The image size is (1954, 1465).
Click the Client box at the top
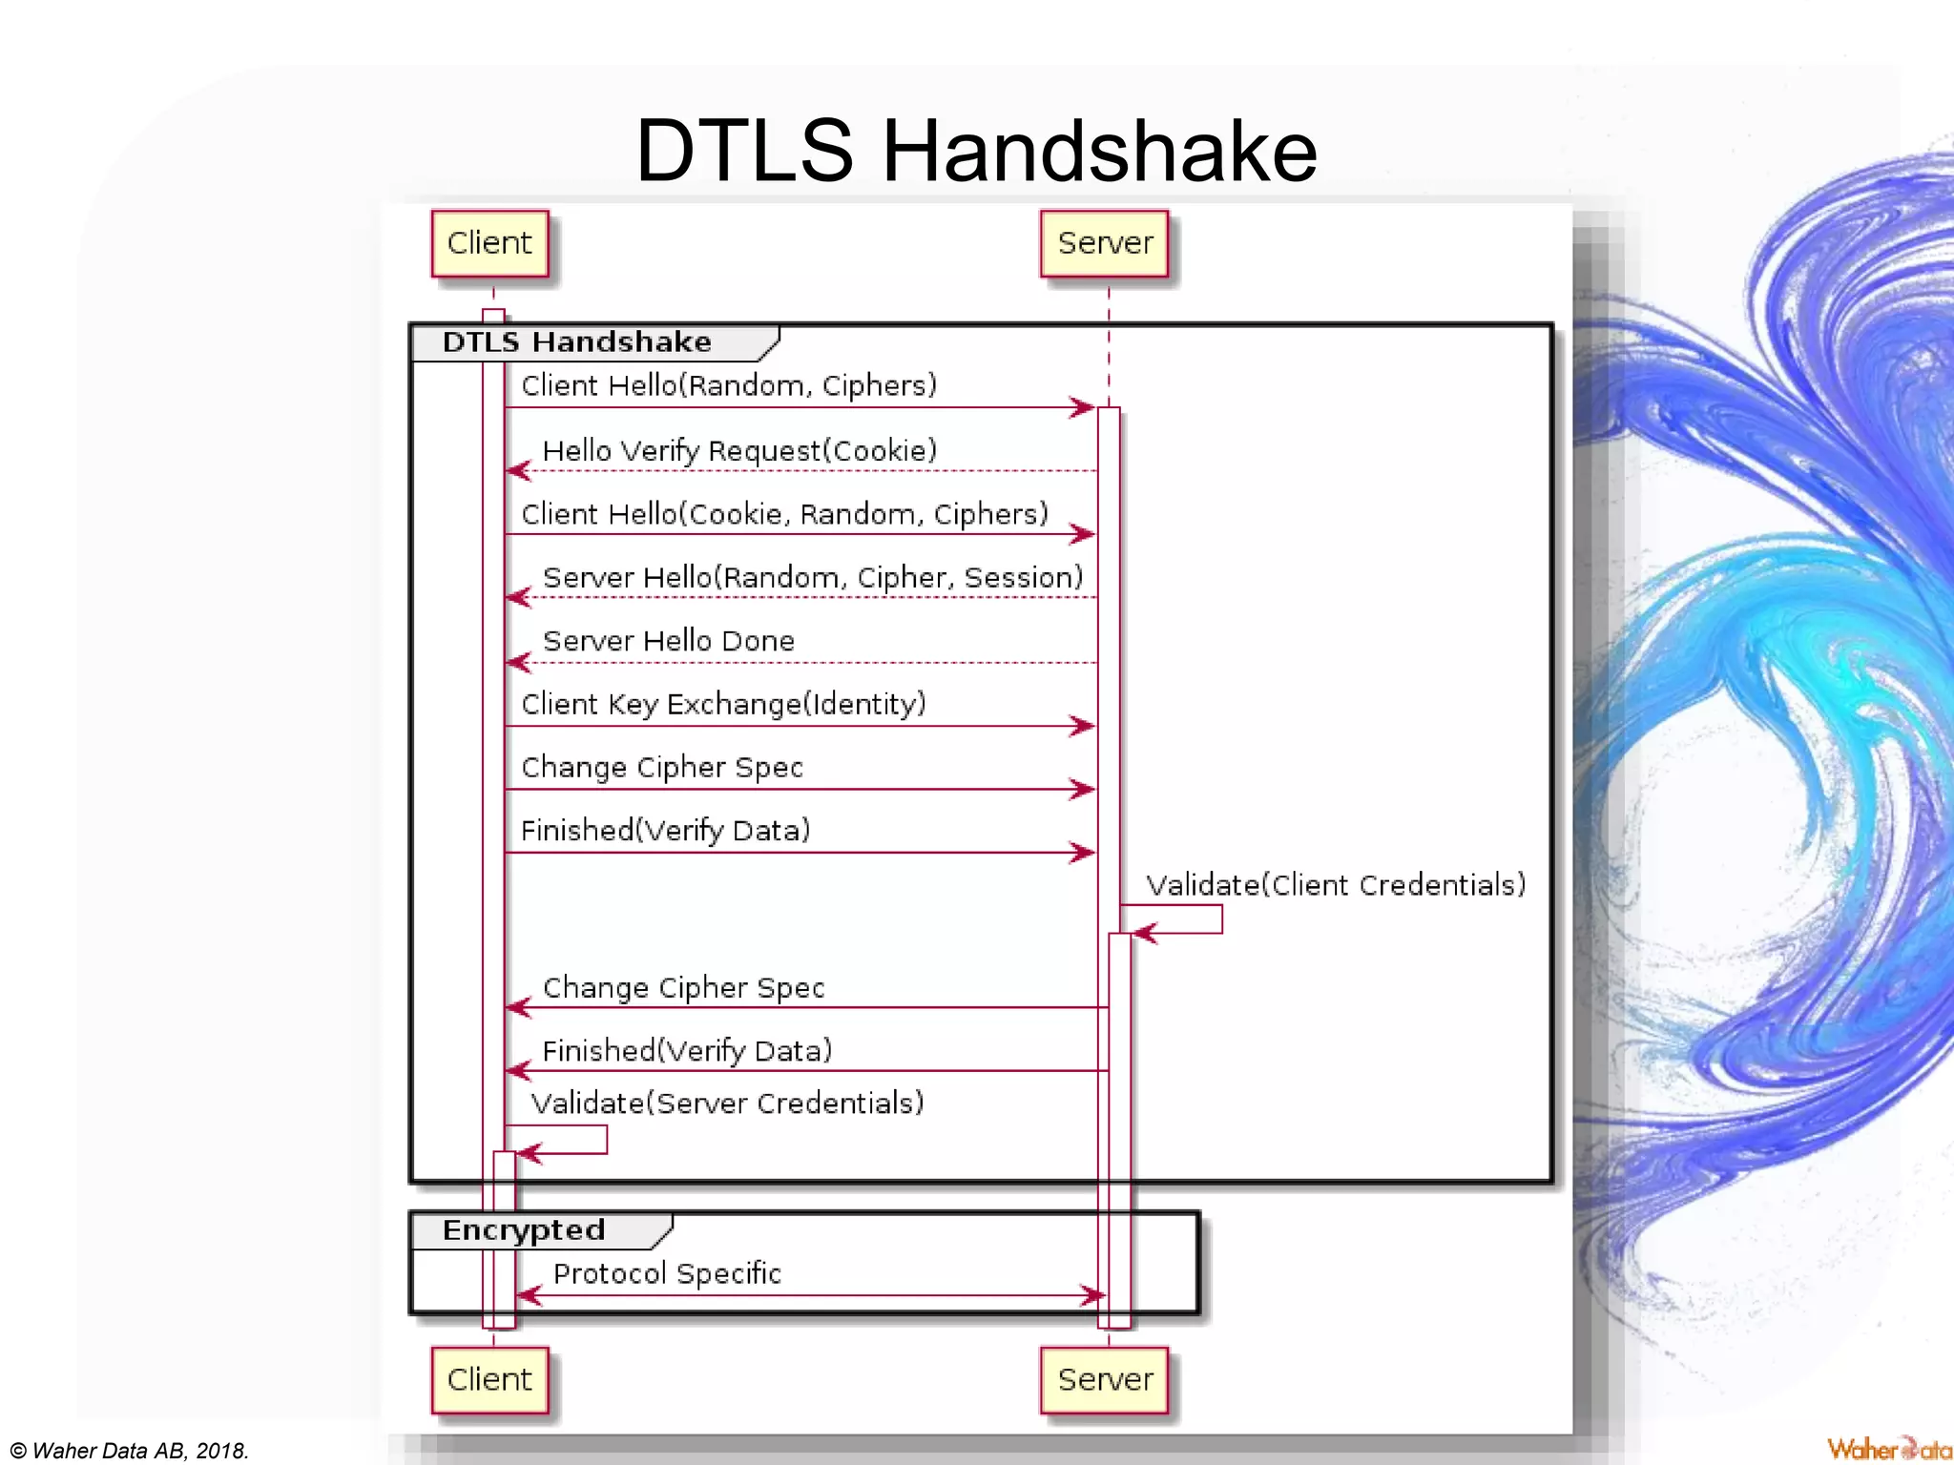point(489,243)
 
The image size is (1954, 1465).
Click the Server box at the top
point(1105,243)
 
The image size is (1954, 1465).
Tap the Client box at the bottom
point(489,1379)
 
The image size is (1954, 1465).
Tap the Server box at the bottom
point(1105,1379)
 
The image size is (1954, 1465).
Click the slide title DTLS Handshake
point(976,150)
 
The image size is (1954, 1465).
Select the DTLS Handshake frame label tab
point(577,342)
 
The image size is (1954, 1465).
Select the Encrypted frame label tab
point(524,1230)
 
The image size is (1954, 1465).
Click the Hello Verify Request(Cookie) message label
point(739,450)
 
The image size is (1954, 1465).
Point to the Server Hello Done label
point(668,641)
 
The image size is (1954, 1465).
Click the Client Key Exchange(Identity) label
point(723,704)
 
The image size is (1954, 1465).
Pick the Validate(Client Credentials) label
point(1336,885)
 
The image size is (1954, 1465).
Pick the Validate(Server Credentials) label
point(727,1104)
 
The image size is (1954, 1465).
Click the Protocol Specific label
point(667,1273)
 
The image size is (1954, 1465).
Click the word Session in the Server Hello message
point(1023,577)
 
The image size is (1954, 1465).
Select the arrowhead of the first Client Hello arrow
point(1083,407)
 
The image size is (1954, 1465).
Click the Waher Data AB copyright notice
point(129,1451)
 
